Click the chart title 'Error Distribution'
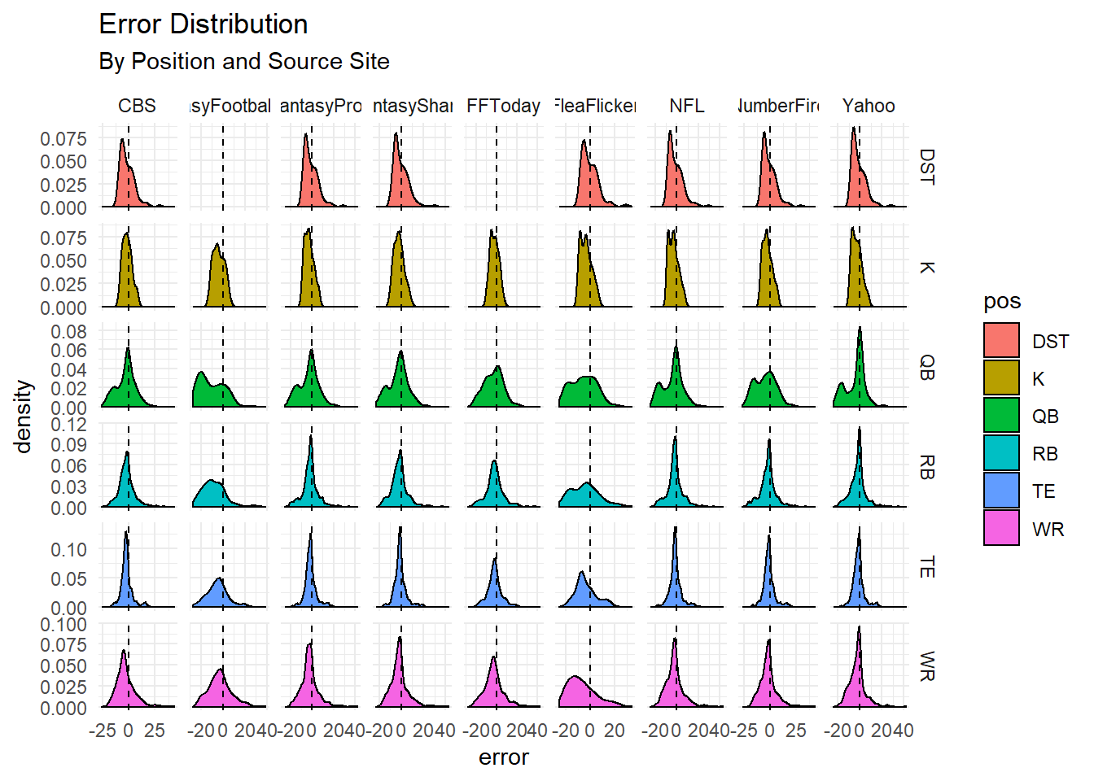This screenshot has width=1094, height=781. tap(203, 24)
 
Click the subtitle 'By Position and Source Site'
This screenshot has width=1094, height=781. tap(243, 62)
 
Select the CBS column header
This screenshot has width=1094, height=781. tap(137, 106)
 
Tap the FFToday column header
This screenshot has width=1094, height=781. tap(503, 106)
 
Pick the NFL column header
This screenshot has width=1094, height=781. tap(687, 106)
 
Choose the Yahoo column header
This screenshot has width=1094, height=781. tap(869, 106)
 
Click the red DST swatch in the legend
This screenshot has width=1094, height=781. tap(1001, 341)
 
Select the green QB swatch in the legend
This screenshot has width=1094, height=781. tap(1001, 416)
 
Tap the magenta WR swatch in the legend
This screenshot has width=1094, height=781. tap(1001, 528)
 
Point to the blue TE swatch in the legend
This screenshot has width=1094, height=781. tap(1001, 491)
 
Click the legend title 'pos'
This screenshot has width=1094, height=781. tap(1002, 302)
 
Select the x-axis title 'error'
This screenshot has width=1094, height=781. tap(503, 757)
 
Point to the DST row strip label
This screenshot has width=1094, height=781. tap(926, 167)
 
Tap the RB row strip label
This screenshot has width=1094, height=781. tap(926, 467)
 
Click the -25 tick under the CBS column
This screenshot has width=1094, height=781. tap(102, 731)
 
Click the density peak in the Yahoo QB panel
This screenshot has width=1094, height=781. tap(860, 328)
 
